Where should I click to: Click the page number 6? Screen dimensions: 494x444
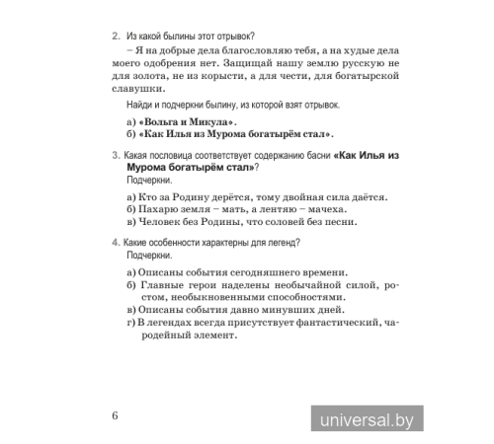pos(116,412)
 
